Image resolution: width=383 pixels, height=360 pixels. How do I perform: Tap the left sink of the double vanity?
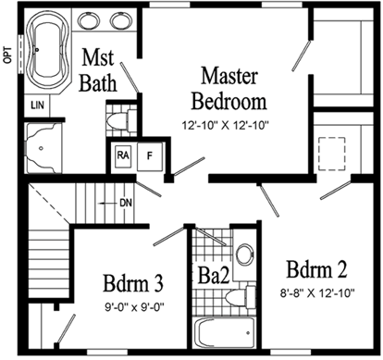[91, 21]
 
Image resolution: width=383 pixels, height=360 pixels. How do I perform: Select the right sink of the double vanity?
[121, 21]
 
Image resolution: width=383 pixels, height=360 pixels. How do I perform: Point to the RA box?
[122, 155]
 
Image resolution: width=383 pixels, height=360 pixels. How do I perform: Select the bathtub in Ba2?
[222, 332]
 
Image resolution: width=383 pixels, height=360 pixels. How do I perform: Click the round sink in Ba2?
[242, 255]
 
